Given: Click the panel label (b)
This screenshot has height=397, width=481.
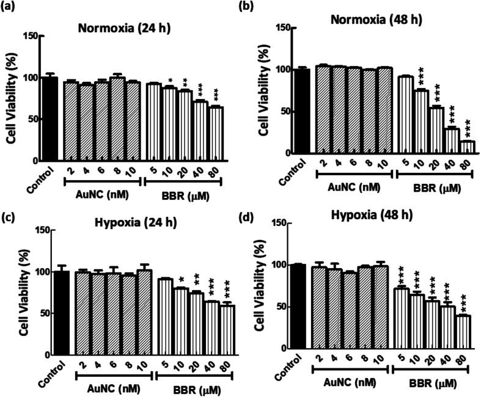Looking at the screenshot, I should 254,7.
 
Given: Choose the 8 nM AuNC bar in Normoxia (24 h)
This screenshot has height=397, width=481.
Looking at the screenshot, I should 117,119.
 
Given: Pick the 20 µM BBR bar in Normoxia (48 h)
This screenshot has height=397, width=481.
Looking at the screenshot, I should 436,130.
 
